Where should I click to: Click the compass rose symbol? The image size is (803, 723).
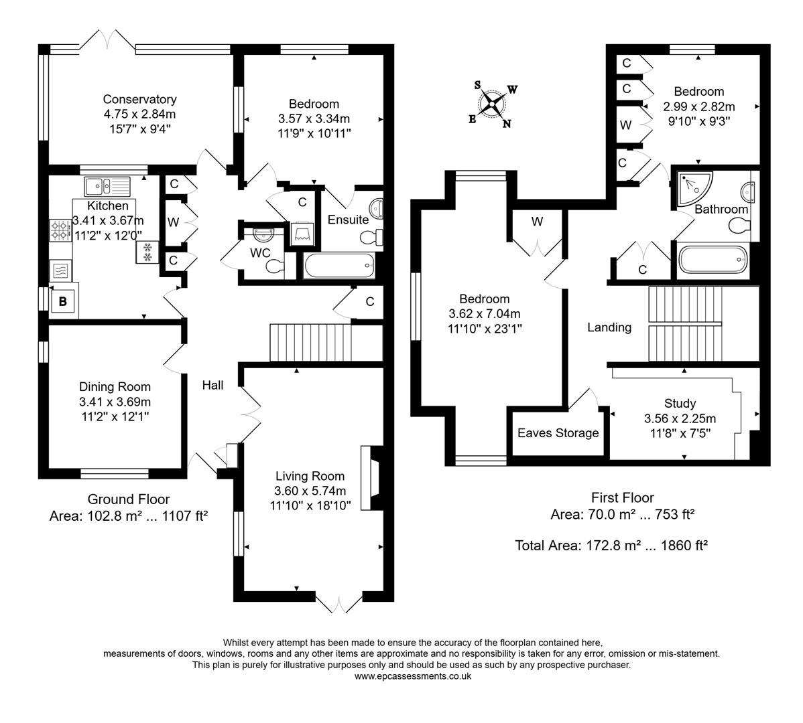click(493, 104)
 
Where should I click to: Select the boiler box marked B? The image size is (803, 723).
click(62, 302)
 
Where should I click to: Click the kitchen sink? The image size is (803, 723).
click(108, 185)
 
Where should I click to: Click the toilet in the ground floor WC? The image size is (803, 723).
click(273, 266)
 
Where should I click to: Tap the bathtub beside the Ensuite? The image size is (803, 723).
click(339, 266)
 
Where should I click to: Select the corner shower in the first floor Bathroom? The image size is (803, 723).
click(690, 188)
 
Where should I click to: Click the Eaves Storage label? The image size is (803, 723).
click(558, 433)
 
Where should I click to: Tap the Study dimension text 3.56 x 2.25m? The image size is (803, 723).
click(680, 419)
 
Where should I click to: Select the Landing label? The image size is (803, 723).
click(609, 327)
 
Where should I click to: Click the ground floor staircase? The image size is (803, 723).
click(310, 343)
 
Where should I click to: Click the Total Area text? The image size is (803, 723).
click(611, 546)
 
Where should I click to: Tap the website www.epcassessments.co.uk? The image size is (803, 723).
click(412, 677)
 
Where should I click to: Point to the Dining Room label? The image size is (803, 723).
click(115, 387)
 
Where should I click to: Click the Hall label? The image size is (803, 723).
click(213, 385)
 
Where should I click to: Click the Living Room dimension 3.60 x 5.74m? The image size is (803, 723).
click(310, 491)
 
